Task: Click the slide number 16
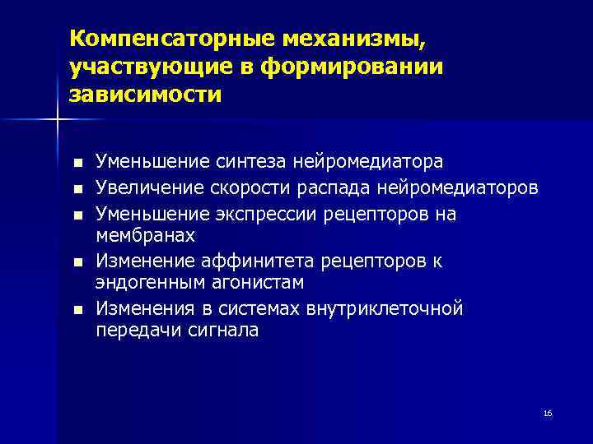pos(548,414)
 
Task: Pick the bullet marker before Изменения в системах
pos(77,310)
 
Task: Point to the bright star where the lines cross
pos(57,121)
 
